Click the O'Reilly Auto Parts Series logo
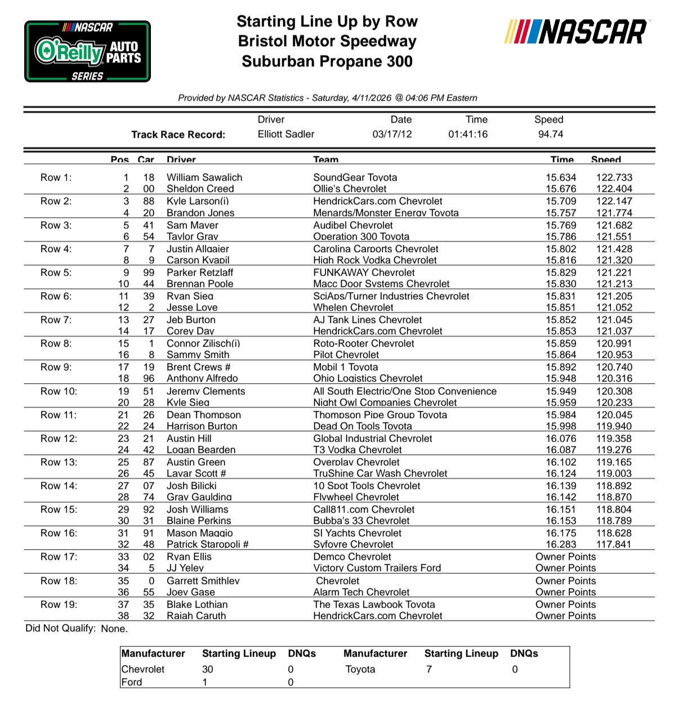[87, 51]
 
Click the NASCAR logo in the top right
[576, 32]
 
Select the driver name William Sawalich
[204, 177]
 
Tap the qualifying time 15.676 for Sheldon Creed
[560, 189]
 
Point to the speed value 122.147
[614, 201]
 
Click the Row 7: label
[56, 320]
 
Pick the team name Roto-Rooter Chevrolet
[363, 343]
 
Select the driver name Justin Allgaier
[197, 249]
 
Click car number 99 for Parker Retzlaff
[149, 272]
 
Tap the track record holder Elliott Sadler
[285, 134]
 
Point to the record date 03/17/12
[392, 134]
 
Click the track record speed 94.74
[550, 134]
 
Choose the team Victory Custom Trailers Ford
[377, 568]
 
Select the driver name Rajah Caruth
[196, 616]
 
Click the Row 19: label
[59, 604]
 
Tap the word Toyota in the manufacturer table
[360, 669]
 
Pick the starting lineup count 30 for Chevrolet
[207, 669]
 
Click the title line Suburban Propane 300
[327, 61]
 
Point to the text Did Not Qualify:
[60, 628]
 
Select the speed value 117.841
[614, 544]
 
